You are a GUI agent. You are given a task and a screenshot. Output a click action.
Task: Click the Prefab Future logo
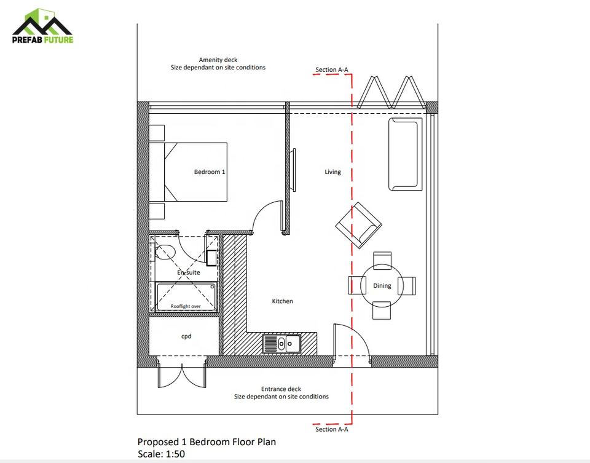pos(42,26)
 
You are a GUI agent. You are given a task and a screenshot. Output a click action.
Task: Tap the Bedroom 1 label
pos(210,172)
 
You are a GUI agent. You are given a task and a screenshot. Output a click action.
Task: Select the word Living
pos(332,172)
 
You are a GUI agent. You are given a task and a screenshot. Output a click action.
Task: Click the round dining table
pos(382,286)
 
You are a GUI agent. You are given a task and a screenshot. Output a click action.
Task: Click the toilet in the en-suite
pos(164,252)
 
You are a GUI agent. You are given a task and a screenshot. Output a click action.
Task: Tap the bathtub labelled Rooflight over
pos(186,298)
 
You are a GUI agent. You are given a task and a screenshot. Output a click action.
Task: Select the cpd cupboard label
pos(186,336)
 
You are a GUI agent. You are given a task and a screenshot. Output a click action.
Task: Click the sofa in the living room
pos(405,154)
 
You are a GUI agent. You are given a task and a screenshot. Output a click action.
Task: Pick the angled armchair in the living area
pos(358,225)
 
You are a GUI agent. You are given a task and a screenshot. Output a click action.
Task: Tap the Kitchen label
pos(282,301)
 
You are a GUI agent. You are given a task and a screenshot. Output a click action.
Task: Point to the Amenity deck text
pos(218,63)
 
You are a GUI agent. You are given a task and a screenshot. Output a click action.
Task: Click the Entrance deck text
pos(281,393)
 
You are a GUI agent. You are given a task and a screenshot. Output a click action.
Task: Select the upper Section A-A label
pos(331,69)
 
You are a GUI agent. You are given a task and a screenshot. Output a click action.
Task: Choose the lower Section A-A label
pos(331,429)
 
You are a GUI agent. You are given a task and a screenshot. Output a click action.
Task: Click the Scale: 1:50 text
pos(161,454)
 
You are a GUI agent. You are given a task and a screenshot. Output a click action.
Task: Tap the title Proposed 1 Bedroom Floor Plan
pos(206,442)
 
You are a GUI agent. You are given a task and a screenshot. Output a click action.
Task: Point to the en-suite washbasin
pos(211,258)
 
